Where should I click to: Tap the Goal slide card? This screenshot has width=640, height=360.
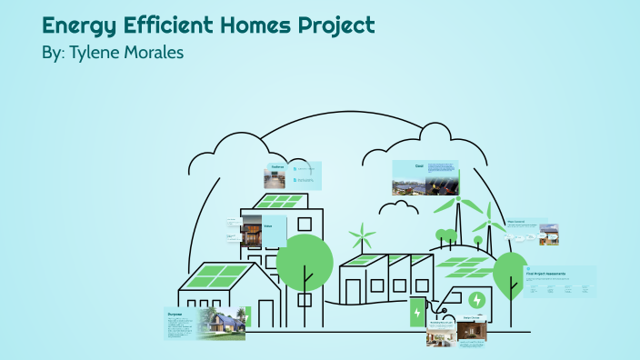tap(425, 178)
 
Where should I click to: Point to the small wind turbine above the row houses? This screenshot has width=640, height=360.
tap(363, 238)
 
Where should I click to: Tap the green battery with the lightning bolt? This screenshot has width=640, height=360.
tap(417, 313)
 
